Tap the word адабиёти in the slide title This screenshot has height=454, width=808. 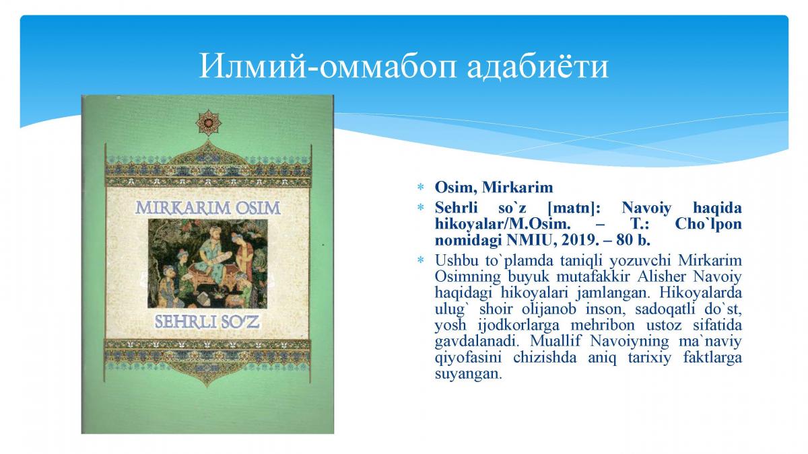pyautogui.click(x=538, y=67)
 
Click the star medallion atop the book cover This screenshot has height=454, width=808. pyautogui.click(x=209, y=123)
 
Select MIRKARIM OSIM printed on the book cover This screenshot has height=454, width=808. pyautogui.click(x=208, y=208)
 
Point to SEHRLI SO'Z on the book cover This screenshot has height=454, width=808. pyautogui.click(x=207, y=321)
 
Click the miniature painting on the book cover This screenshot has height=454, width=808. pyautogui.click(x=208, y=264)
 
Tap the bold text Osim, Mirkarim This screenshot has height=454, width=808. pyautogui.click(x=494, y=188)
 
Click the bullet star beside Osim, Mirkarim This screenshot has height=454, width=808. pyautogui.click(x=421, y=187)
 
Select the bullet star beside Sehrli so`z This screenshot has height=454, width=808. pyautogui.click(x=421, y=208)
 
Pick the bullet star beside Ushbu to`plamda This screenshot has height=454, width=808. pyautogui.click(x=421, y=260)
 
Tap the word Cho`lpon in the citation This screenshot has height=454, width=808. pyautogui.click(x=708, y=224)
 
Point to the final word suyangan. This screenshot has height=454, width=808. pyautogui.click(x=468, y=374)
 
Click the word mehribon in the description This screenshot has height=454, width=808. pyautogui.click(x=603, y=326)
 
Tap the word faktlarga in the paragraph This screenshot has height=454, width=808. pyautogui.click(x=712, y=358)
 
